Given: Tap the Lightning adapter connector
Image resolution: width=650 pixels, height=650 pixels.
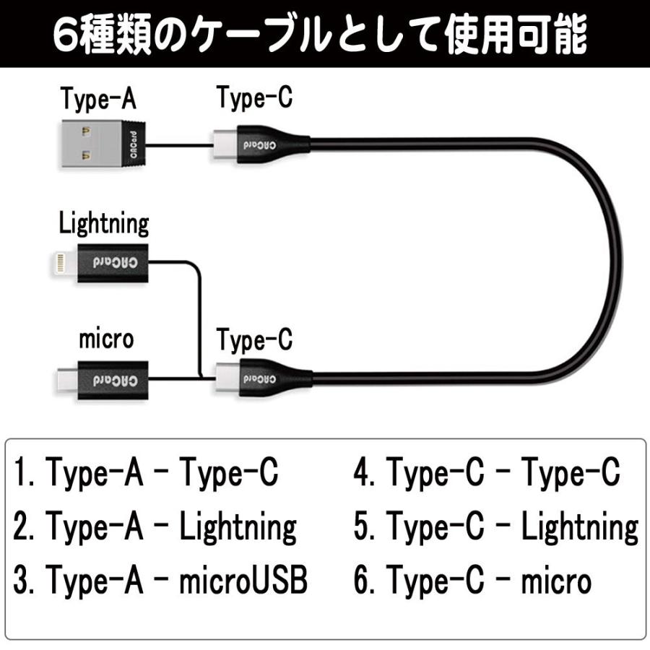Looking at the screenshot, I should [101, 260].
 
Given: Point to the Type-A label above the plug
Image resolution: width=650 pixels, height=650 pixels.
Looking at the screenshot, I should [98, 100].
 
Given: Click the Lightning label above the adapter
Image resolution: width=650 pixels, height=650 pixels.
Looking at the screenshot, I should [104, 223].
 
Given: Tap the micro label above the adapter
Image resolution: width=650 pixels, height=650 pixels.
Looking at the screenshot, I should [106, 338].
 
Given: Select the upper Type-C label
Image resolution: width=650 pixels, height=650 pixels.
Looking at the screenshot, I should [255, 98].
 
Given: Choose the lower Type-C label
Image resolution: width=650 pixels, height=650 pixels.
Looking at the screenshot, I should [255, 338].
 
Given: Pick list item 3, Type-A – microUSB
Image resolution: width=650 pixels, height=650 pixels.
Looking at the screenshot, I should [160, 581].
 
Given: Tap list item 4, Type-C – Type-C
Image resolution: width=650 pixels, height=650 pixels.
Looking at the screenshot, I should [486, 474].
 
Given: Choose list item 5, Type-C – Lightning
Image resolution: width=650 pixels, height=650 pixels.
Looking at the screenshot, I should [495, 527].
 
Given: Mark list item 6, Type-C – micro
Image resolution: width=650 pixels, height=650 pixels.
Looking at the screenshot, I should [472, 581].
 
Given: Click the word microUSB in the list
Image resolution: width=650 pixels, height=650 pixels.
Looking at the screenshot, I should [243, 581].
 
